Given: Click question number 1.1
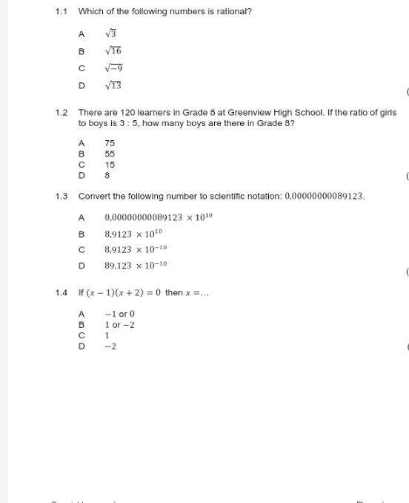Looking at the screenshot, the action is (x=61, y=12).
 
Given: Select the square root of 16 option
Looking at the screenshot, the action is (x=113, y=50).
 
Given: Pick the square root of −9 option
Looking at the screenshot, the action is (x=113, y=68).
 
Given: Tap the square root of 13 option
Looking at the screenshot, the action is (x=113, y=85).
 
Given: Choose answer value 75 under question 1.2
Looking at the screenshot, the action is (x=110, y=143).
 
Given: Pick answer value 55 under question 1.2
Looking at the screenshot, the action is (x=110, y=154).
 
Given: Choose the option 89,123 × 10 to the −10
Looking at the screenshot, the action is (x=136, y=265).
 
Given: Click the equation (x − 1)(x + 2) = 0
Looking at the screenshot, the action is (x=120, y=292).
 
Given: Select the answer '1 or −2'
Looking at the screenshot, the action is (x=119, y=325).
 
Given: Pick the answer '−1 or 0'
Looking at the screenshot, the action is (x=119, y=315).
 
